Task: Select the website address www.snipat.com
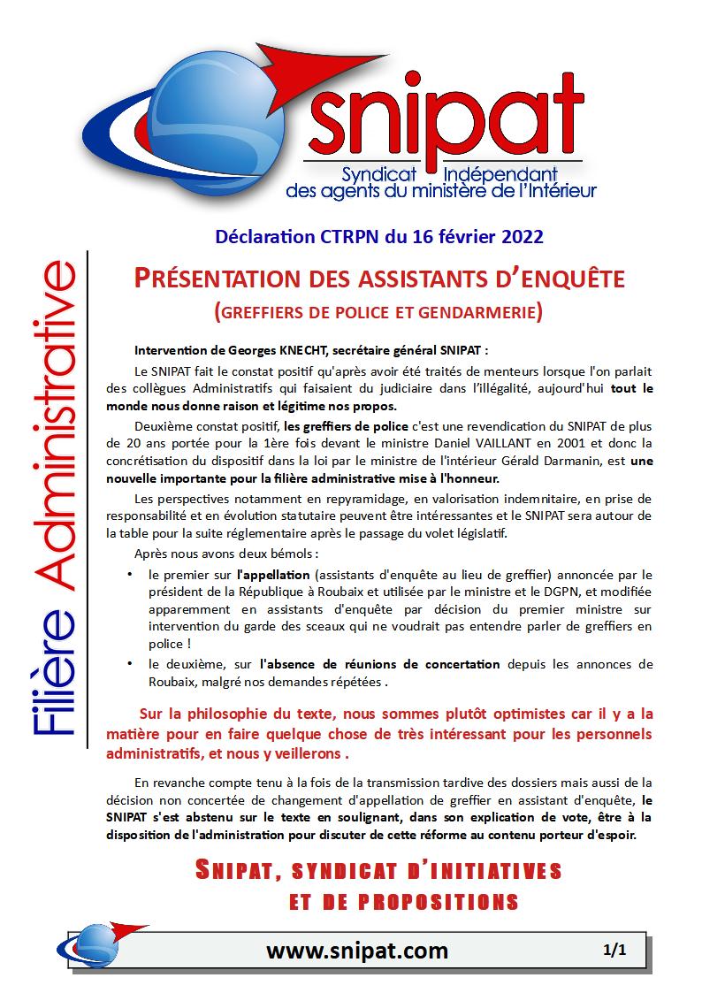[356, 951]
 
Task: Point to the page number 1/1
[614, 951]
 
